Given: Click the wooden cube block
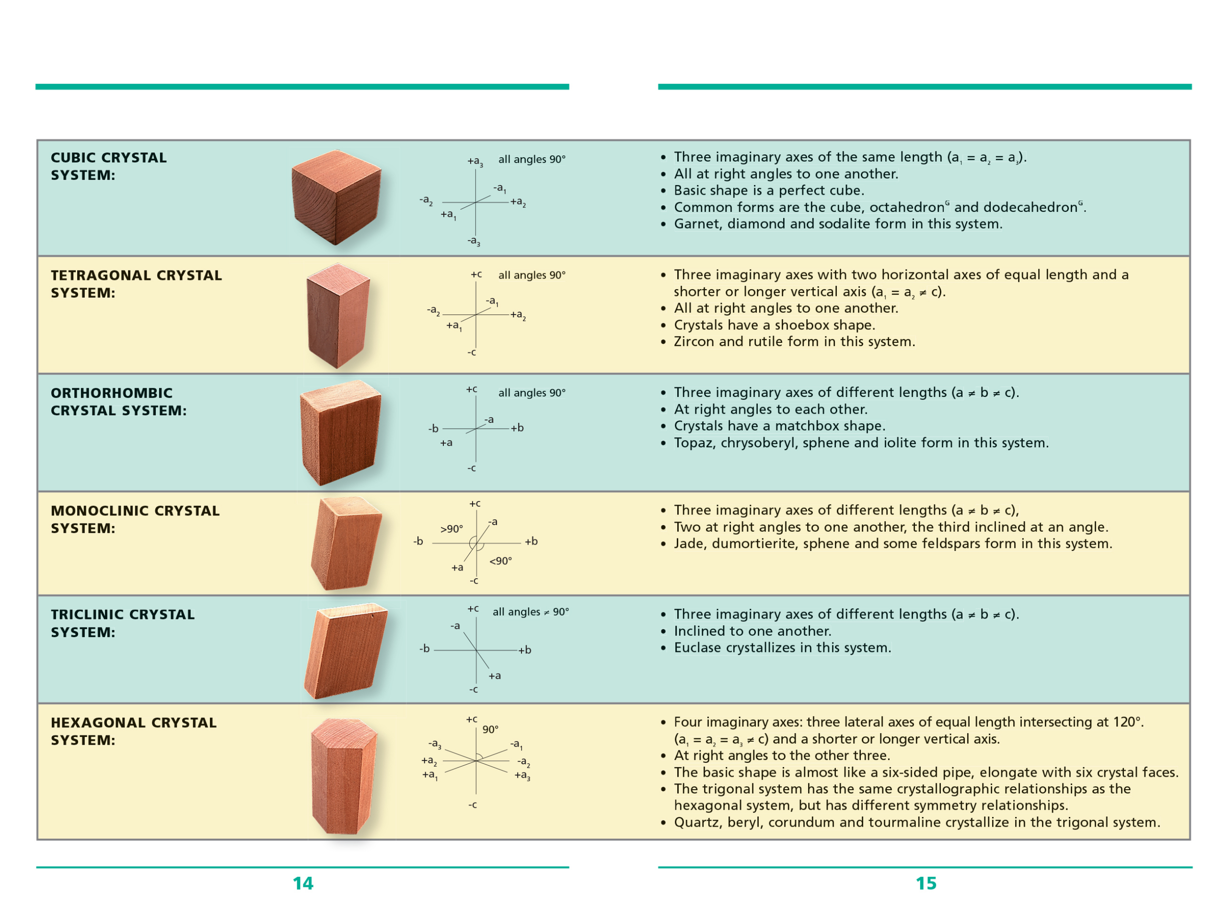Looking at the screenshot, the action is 336,197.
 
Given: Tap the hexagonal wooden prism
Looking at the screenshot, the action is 344,776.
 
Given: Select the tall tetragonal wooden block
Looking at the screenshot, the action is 338,315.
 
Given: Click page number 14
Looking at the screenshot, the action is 303,883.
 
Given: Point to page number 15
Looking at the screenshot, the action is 926,883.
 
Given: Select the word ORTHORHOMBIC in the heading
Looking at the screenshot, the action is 112,393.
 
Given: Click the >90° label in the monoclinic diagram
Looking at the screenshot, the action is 451,529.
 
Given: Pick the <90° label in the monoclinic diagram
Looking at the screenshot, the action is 500,561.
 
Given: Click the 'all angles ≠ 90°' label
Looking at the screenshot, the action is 531,611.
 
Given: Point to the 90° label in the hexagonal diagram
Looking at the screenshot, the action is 490,729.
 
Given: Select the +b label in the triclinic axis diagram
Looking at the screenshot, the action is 525,650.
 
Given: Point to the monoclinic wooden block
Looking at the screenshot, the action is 346,544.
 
